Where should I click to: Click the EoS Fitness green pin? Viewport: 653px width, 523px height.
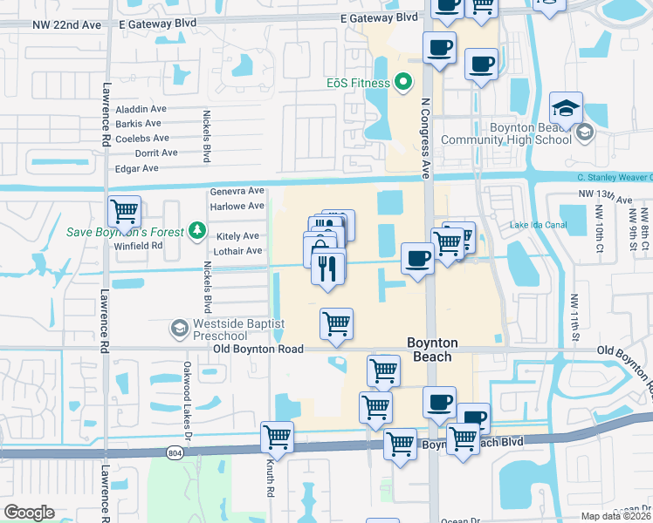(x=402, y=83)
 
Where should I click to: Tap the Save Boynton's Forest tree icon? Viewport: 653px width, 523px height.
(x=198, y=231)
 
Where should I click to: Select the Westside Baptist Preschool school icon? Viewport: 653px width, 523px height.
(x=179, y=327)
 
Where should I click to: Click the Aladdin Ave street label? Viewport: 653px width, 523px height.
(x=141, y=109)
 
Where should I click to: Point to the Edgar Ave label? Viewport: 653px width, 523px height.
(x=137, y=168)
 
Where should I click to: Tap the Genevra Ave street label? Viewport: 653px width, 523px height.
(x=237, y=191)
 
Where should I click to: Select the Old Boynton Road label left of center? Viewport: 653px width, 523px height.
(x=258, y=349)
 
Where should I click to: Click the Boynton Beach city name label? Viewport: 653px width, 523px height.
(x=431, y=350)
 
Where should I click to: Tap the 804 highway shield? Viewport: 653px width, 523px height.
(x=175, y=452)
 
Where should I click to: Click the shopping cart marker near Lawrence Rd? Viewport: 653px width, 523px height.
(x=125, y=210)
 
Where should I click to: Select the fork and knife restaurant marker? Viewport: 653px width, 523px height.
(x=328, y=267)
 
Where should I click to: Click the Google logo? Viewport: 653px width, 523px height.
(x=29, y=513)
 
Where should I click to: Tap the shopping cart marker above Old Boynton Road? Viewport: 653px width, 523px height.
(x=336, y=323)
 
